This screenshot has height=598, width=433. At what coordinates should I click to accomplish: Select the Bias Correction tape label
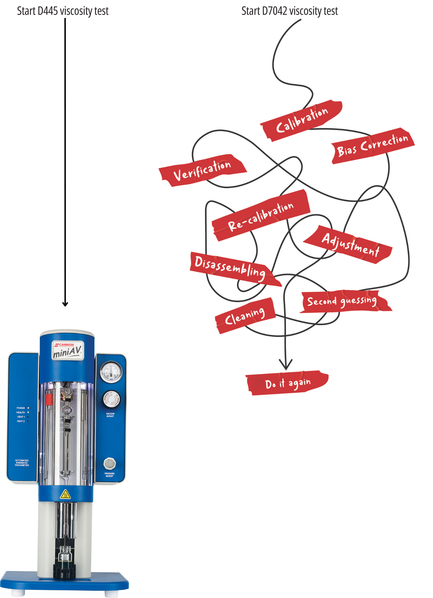pyautogui.click(x=373, y=145)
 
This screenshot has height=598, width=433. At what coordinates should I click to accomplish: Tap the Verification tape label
pyautogui.click(x=202, y=170)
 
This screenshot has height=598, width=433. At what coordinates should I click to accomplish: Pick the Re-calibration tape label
pyautogui.click(x=261, y=215)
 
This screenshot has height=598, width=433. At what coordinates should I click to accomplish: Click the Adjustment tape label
pyautogui.click(x=350, y=245)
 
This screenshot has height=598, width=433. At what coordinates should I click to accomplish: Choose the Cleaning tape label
pyautogui.click(x=245, y=316)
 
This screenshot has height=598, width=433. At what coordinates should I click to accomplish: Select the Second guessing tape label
pyautogui.click(x=342, y=301)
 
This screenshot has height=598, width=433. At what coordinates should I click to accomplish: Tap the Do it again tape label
pyautogui.click(x=287, y=383)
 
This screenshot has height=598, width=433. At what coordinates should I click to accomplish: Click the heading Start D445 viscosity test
pyautogui.click(x=63, y=11)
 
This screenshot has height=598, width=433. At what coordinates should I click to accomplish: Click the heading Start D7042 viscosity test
pyautogui.click(x=289, y=11)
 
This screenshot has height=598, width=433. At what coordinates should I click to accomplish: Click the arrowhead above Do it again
pyautogui.click(x=285, y=364)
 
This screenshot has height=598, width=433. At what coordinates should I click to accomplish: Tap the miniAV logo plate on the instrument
pyautogui.click(x=68, y=350)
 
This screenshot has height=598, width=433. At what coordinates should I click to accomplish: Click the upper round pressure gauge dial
pyautogui.click(x=111, y=372)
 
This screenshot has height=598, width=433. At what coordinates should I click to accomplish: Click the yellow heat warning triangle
pyautogui.click(x=66, y=494)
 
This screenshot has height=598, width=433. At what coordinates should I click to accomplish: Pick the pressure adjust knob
pyautogui.click(x=110, y=463)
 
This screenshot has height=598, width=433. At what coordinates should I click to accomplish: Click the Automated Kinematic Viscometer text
pyautogui.click(x=22, y=463)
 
